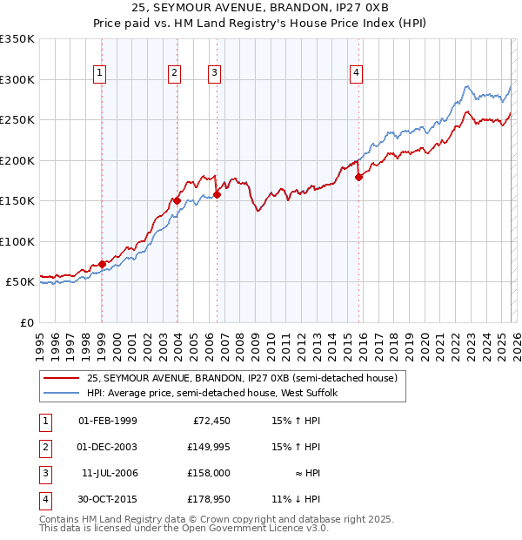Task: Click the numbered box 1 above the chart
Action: pos(102,73)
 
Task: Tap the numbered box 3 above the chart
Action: pos(214,73)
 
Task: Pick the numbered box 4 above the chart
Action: pos(357,73)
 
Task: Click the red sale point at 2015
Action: pos(358,177)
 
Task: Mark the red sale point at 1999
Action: pos(102,263)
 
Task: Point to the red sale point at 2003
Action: pos(177,200)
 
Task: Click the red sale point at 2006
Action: pos(217,194)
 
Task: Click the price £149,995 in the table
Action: pos(206,447)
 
